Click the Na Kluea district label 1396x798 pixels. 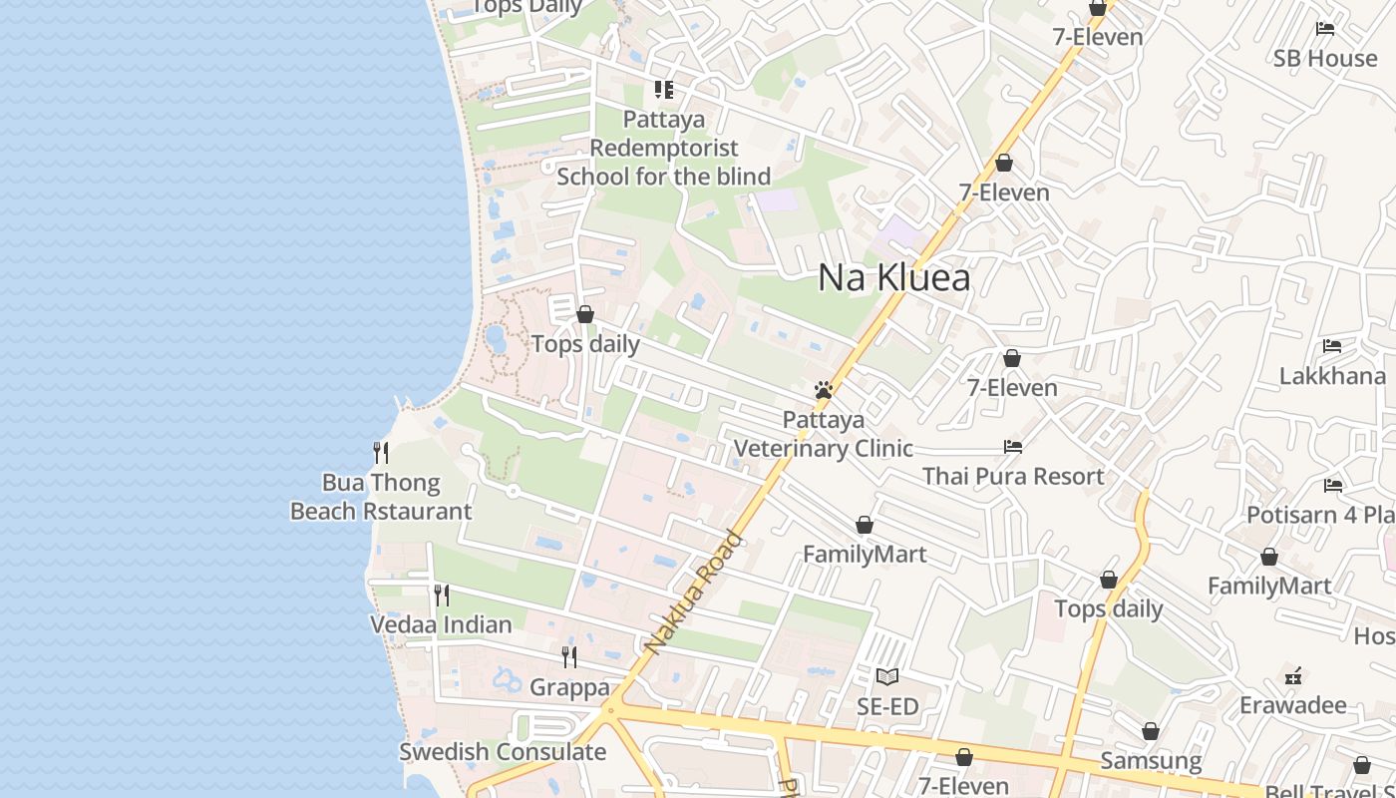pos(893,277)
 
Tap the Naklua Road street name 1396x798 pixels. pos(694,594)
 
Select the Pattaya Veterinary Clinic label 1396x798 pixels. pos(824,434)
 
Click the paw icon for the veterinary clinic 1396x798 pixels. pos(824,390)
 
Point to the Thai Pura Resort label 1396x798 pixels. pos(1013,476)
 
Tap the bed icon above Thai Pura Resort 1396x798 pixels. pos(1013,446)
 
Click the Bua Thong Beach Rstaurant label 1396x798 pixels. pos(381,497)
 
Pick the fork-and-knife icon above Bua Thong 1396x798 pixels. pos(381,453)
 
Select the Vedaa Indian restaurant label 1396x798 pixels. pos(441,624)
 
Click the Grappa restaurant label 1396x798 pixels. pos(569,687)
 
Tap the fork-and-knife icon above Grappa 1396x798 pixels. pos(568,656)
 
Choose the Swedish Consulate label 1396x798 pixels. pos(503,752)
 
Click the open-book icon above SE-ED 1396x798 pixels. pos(887,677)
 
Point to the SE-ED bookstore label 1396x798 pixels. pos(887,707)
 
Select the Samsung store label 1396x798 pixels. pos(1151,761)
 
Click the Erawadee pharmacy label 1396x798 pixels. pos(1293,705)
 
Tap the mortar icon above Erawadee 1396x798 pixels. pos(1293,676)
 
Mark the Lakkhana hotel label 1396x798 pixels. pos(1332,376)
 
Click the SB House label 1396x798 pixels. pos(1325,58)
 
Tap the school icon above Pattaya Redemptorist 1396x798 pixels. pos(664,90)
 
